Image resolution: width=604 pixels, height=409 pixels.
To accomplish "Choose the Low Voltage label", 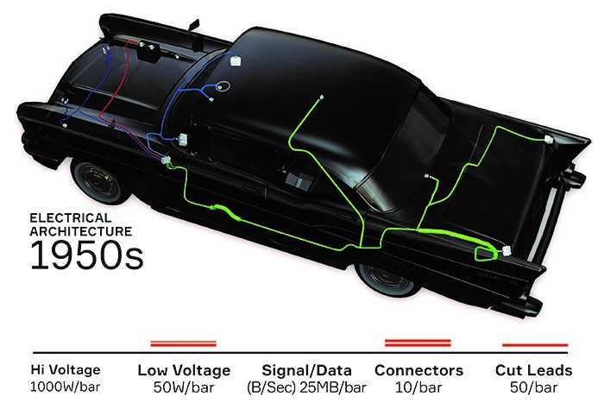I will (x=184, y=370).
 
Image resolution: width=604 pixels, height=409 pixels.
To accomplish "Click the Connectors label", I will (x=418, y=370).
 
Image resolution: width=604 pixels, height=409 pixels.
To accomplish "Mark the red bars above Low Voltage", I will (x=183, y=343).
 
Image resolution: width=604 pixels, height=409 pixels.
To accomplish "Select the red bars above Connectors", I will (x=418, y=343).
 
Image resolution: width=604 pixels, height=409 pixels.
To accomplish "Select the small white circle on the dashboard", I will (x=223, y=86).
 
